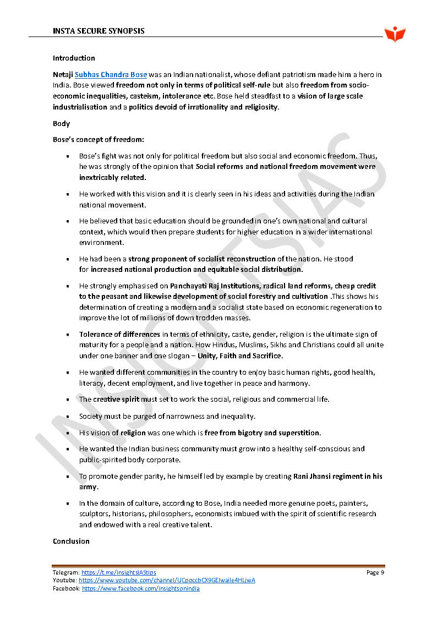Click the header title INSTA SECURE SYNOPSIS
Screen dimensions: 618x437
coord(99,31)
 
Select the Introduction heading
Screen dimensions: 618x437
coord(74,58)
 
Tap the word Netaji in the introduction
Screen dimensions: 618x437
coord(63,75)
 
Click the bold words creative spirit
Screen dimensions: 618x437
coord(116,400)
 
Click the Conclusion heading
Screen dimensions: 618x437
coord(71,542)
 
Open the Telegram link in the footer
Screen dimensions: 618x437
coord(118,573)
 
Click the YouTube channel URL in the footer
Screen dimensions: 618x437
coord(167,581)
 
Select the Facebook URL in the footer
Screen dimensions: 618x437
coord(140,589)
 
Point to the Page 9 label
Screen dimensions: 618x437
coord(375,573)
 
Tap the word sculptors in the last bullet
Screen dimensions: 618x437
coord(94,514)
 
